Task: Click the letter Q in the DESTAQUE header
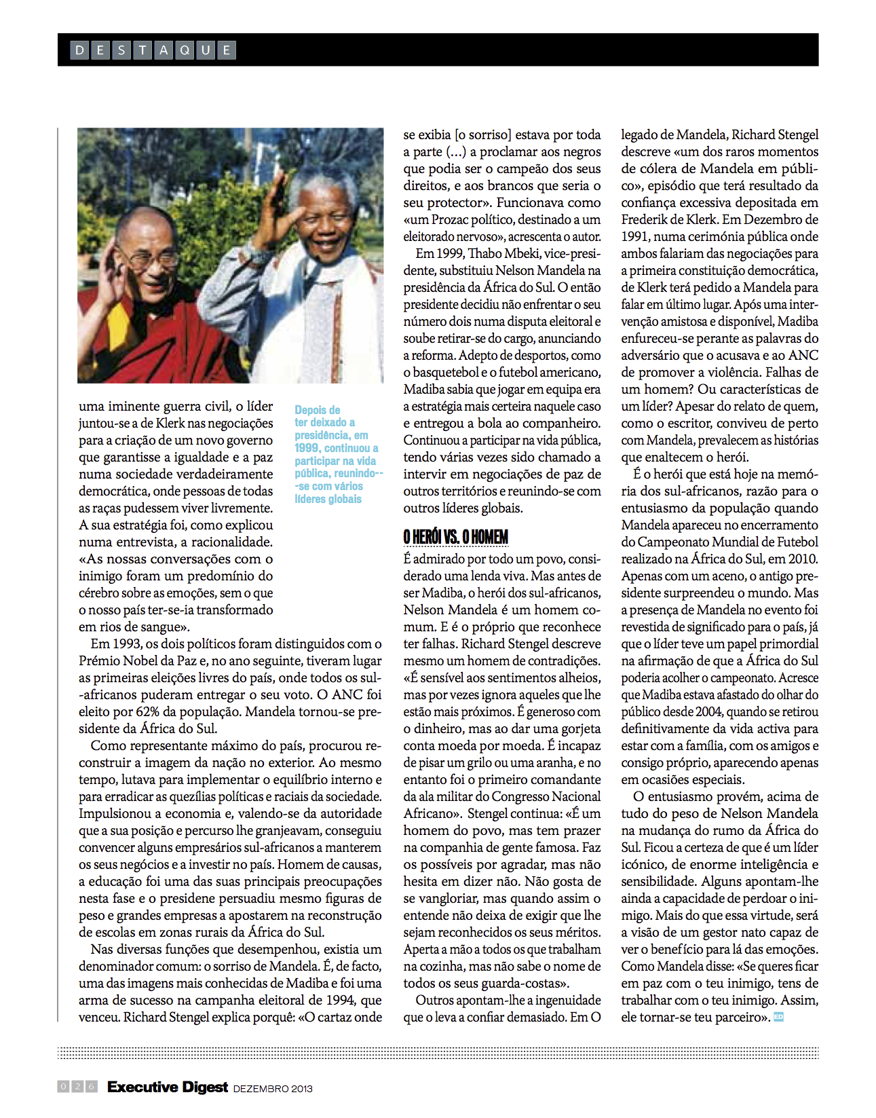(x=185, y=50)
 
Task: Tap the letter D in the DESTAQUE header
(x=79, y=50)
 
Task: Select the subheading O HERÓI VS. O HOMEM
(x=455, y=538)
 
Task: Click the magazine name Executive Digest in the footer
(x=168, y=1087)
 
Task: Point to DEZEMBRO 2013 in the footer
(x=273, y=1088)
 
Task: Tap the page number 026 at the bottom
(x=77, y=1087)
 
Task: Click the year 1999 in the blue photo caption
(x=307, y=448)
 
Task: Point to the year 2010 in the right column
(x=803, y=559)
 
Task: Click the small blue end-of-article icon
(x=778, y=1017)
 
